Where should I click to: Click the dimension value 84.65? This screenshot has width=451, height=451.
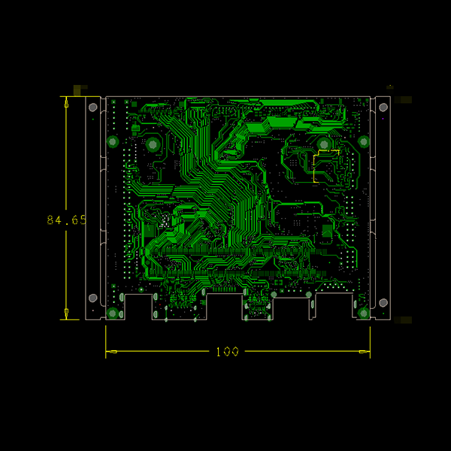(x=66, y=220)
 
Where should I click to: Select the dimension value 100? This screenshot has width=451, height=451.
(x=227, y=352)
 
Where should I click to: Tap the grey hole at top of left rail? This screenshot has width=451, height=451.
(x=93, y=107)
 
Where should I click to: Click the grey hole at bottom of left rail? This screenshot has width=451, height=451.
(x=93, y=298)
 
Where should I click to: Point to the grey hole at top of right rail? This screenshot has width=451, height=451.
(x=383, y=107)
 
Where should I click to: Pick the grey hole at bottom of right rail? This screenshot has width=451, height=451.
(x=383, y=303)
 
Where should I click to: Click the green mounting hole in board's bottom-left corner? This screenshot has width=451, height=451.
(x=113, y=313)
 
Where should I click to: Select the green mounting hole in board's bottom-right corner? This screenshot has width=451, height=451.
(x=364, y=313)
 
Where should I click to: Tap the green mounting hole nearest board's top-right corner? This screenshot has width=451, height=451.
(x=364, y=142)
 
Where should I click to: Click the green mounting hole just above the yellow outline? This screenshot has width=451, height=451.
(x=324, y=144)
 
